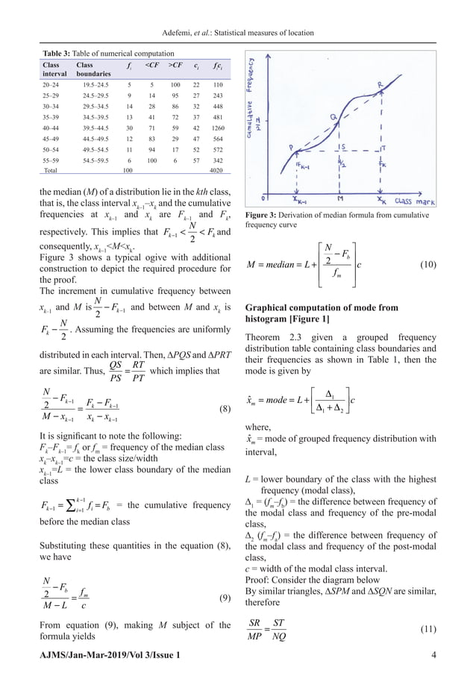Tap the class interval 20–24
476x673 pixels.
tap(51, 86)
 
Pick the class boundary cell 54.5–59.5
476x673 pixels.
tap(93, 160)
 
